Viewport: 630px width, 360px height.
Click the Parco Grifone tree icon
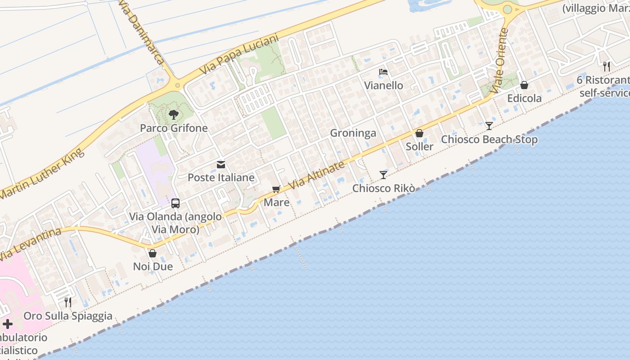(174, 115)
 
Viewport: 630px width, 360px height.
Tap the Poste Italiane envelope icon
(221, 165)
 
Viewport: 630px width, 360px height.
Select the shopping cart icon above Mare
(276, 189)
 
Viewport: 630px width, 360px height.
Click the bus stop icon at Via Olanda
(175, 203)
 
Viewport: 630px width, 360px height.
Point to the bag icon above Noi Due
(153, 253)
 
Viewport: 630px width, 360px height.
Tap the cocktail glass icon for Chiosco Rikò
(383, 175)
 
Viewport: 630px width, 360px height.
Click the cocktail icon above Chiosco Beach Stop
(489, 126)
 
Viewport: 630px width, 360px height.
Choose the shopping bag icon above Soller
(419, 133)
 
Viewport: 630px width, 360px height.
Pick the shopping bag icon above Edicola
(524, 85)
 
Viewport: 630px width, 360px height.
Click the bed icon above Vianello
(383, 72)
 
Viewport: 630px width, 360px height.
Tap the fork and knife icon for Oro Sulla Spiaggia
(68, 302)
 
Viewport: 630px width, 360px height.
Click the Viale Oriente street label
(500, 61)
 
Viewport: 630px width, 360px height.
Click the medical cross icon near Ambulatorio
(8, 324)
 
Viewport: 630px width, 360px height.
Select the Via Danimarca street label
(142, 31)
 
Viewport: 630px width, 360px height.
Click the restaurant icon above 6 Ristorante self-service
(607, 67)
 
